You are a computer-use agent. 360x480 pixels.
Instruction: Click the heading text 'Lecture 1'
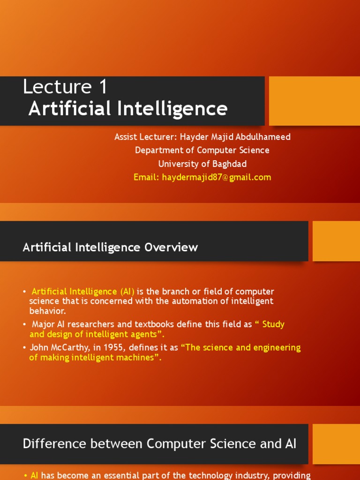65,87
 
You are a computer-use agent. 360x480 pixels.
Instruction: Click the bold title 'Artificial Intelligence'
128,109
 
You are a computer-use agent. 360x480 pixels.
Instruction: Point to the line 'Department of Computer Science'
202,150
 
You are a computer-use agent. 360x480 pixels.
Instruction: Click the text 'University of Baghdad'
202,164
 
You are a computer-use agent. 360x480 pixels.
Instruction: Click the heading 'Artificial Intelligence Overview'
110,247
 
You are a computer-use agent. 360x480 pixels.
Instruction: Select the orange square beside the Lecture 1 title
314,101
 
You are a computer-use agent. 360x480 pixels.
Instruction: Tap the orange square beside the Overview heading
336,241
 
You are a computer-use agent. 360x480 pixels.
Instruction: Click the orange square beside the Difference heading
336,444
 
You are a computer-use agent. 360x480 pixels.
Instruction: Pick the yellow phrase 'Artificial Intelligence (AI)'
83,292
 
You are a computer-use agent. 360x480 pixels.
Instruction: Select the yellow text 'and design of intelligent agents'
96,334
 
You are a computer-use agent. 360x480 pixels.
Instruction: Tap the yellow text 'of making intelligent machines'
94,358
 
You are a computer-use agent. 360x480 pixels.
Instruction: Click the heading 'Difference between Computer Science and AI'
159,444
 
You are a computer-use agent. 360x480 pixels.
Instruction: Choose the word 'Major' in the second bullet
44,324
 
